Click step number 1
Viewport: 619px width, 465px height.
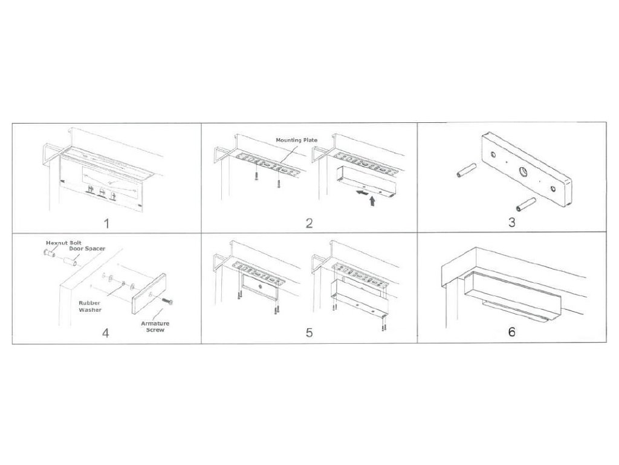pyautogui.click(x=106, y=224)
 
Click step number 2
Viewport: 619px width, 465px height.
pyautogui.click(x=309, y=223)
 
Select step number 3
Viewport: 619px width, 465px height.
pyautogui.click(x=511, y=222)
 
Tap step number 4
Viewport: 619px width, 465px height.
pyautogui.click(x=105, y=333)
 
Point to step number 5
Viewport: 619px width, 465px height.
pyautogui.click(x=309, y=332)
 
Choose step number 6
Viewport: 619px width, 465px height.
pyautogui.click(x=511, y=332)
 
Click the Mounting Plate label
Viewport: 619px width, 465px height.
pyautogui.click(x=296, y=140)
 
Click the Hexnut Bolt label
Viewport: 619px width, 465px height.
pyautogui.click(x=63, y=243)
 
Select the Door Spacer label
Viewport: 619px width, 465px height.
pyautogui.click(x=87, y=249)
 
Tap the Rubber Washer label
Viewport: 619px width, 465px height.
pyautogui.click(x=89, y=306)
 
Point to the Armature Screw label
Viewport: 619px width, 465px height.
pyautogui.click(x=155, y=326)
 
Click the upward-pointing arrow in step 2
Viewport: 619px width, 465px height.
pyautogui.click(x=372, y=201)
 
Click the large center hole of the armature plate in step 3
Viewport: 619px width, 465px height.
pyautogui.click(x=523, y=171)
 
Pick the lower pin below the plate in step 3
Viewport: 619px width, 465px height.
pyautogui.click(x=526, y=205)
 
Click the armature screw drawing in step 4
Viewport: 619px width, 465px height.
pyautogui.click(x=167, y=302)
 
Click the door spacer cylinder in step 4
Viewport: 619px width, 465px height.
pyautogui.click(x=71, y=262)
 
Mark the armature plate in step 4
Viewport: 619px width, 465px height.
pyautogui.click(x=149, y=294)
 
